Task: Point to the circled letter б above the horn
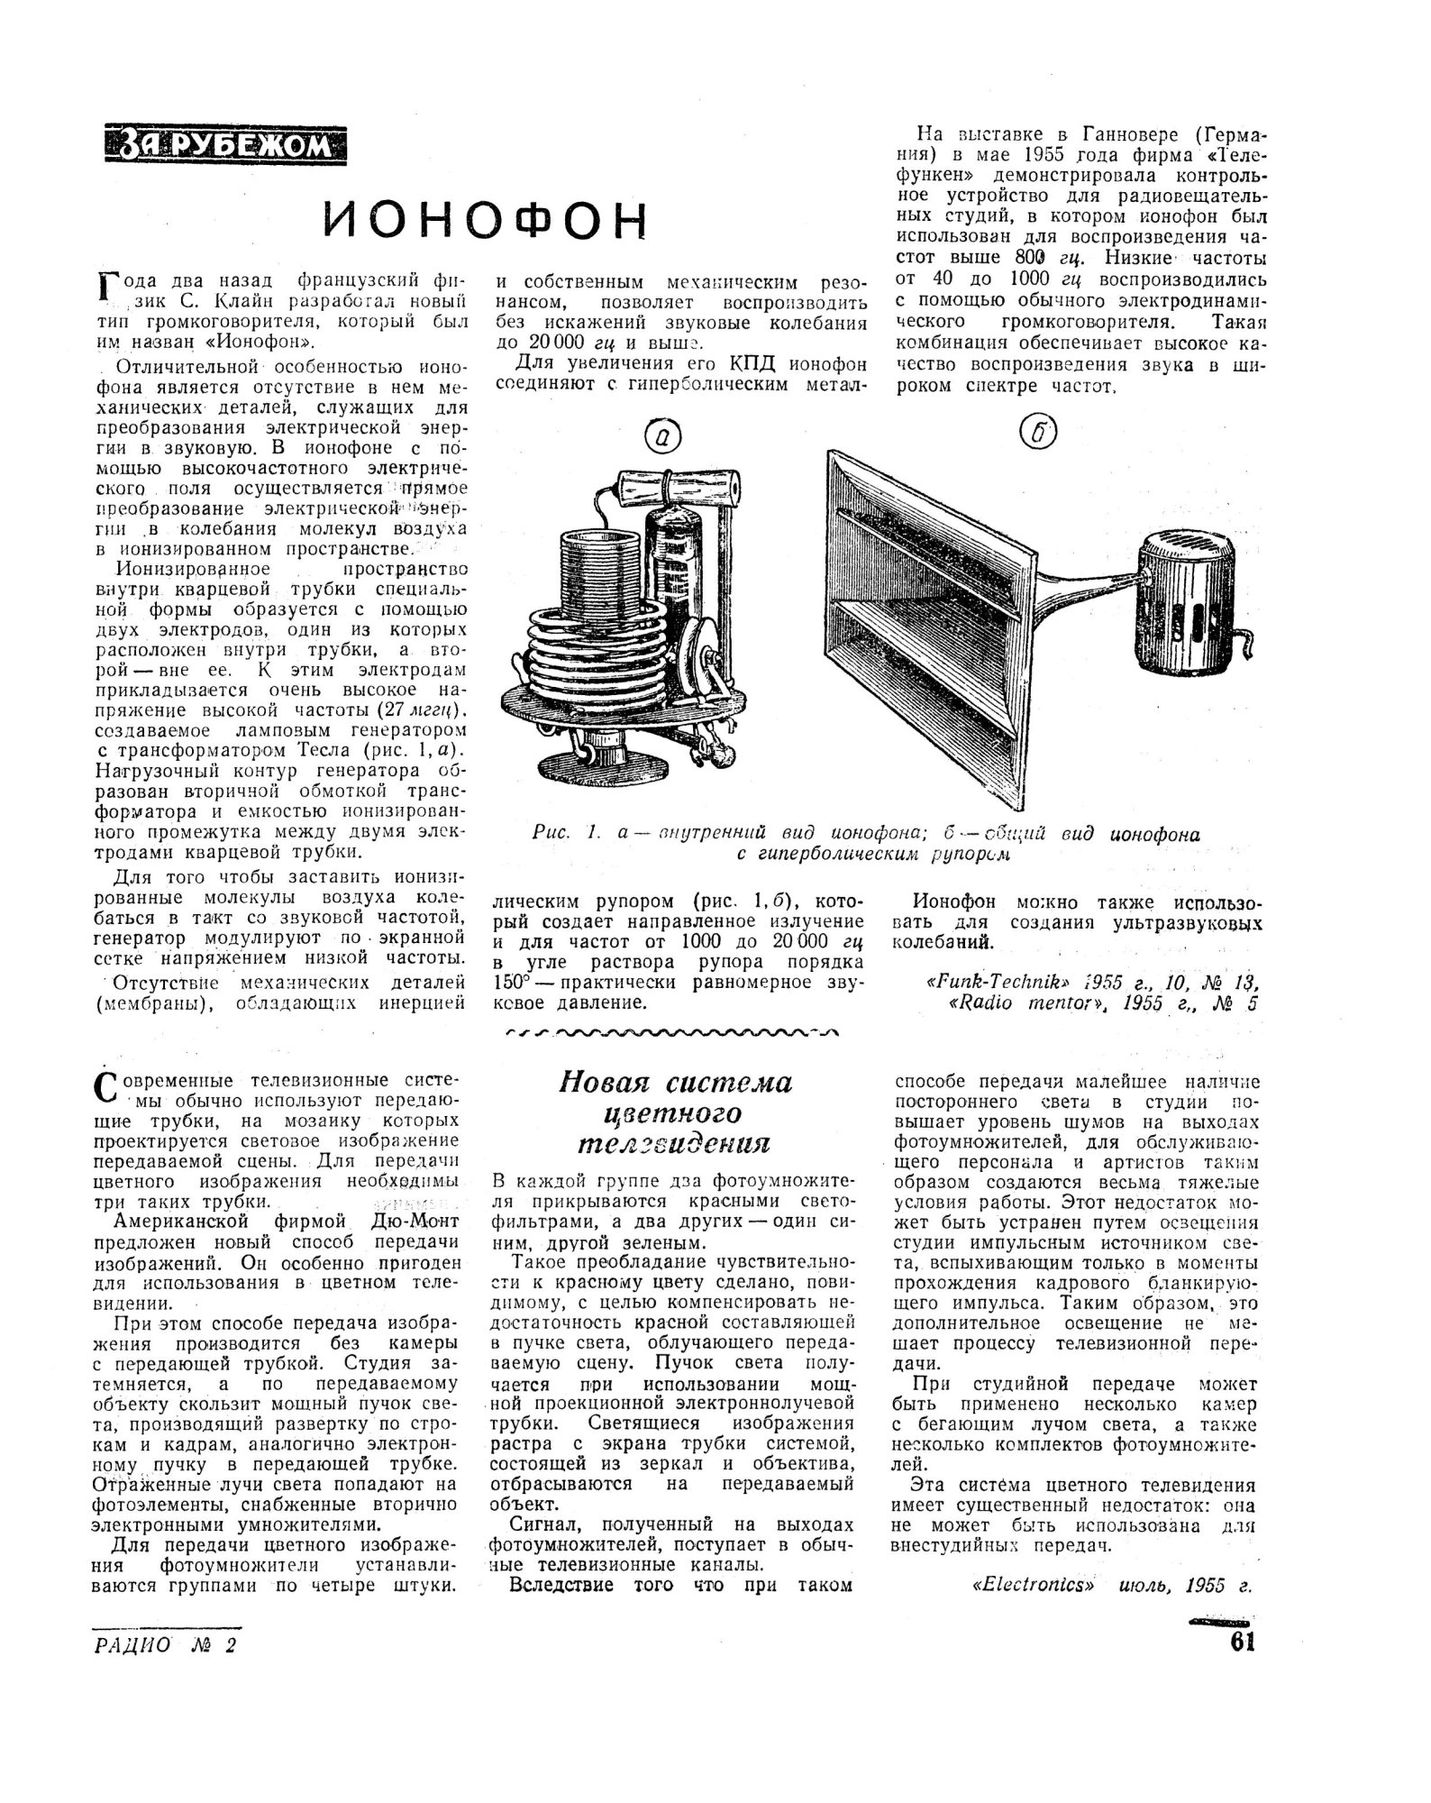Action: click(x=1037, y=434)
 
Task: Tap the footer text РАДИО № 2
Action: click(x=163, y=1644)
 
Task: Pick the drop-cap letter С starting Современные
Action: click(x=106, y=1087)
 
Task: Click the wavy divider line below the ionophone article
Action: click(x=671, y=1032)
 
